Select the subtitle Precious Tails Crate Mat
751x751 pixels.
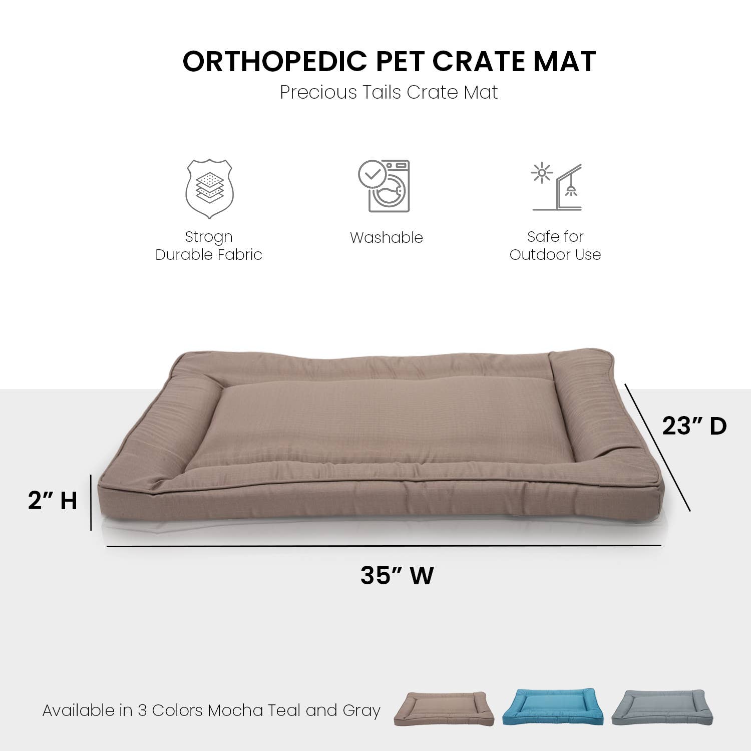tap(389, 92)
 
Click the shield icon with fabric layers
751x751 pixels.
tap(209, 189)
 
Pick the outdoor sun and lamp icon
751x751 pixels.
tap(557, 187)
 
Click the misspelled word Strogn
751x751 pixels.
tap(209, 236)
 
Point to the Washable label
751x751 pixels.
tap(386, 237)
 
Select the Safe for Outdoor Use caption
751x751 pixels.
tap(555, 245)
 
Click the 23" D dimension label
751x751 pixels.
tap(694, 426)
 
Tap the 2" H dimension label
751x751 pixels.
tap(53, 500)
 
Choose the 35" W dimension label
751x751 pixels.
tap(397, 575)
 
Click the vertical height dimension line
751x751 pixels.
tap(91, 502)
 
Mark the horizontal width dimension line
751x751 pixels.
tap(384, 546)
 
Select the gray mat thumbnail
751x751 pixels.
tap(662, 707)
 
